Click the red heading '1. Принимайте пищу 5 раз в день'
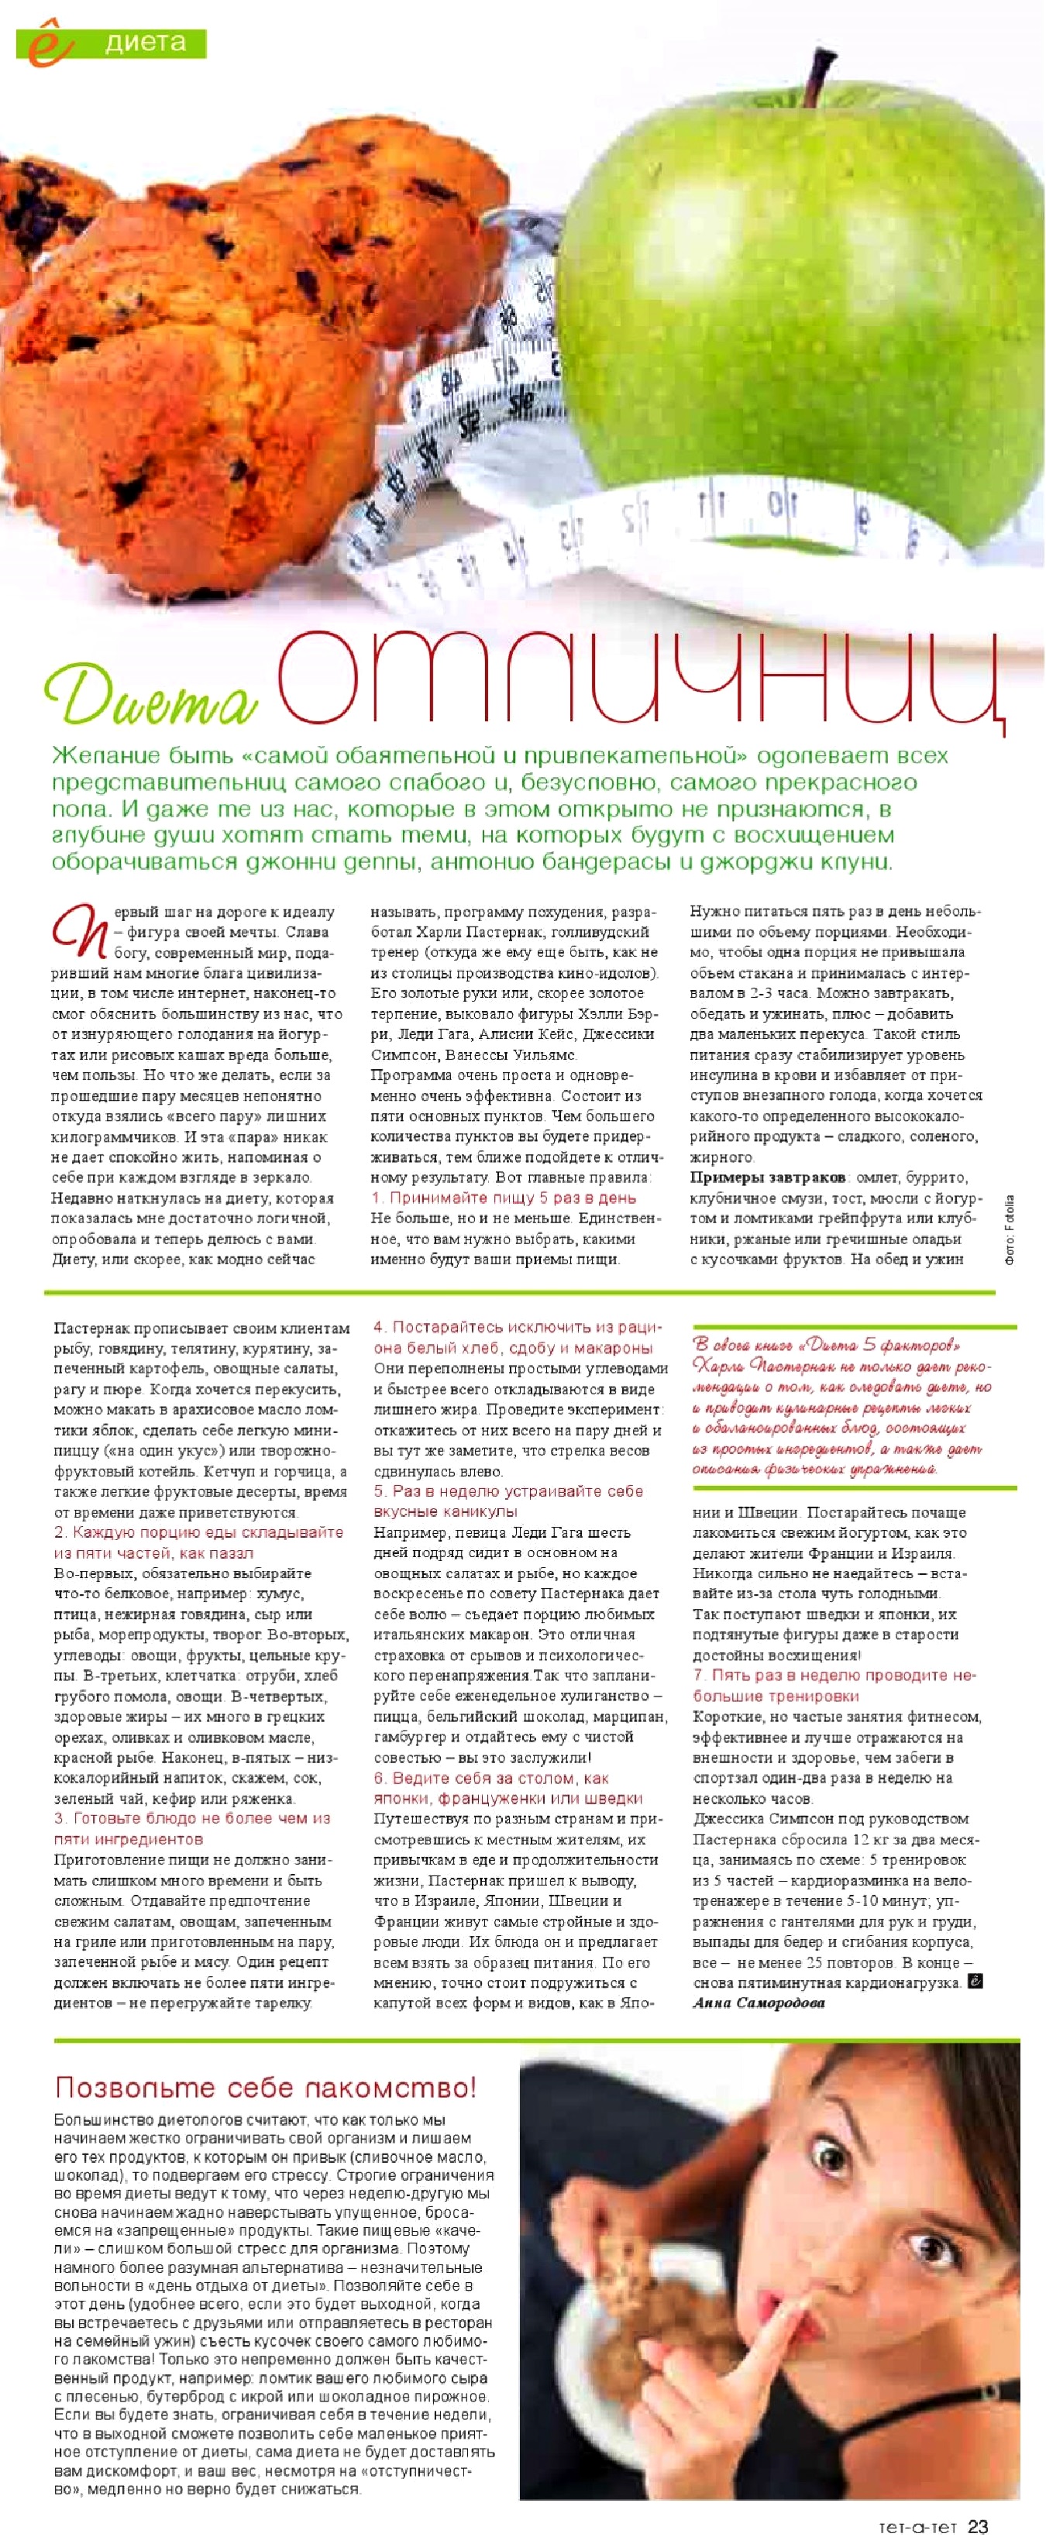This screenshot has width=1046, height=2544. point(503,1198)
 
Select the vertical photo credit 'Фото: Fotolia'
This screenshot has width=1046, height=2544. point(1010,1229)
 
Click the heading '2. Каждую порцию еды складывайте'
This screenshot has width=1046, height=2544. point(198,1532)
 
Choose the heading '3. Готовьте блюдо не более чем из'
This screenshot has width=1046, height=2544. point(191,1818)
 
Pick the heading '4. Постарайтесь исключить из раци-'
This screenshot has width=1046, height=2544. point(518,1327)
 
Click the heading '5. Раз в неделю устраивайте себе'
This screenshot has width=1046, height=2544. point(508,1491)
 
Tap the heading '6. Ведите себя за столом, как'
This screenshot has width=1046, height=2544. point(491,1778)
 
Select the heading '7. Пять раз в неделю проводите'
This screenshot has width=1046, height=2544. point(834,1675)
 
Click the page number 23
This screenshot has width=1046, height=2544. point(977,2526)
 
